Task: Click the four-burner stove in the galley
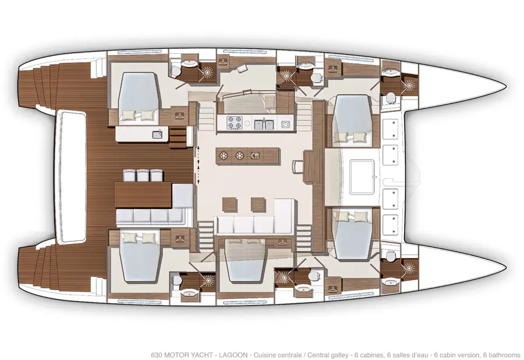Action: (x=235, y=123)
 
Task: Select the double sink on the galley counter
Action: (x=264, y=124)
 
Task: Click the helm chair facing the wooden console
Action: (x=297, y=167)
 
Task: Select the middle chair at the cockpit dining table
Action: (x=143, y=175)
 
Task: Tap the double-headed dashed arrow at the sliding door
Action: (x=198, y=164)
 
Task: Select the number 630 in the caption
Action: (x=157, y=355)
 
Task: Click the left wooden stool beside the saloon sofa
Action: (x=230, y=204)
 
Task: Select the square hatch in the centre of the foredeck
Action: (x=362, y=177)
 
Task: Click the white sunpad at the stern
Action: (x=72, y=177)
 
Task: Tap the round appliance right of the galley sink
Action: (x=285, y=124)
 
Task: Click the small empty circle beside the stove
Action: (x=247, y=123)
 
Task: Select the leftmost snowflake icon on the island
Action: (x=223, y=156)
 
